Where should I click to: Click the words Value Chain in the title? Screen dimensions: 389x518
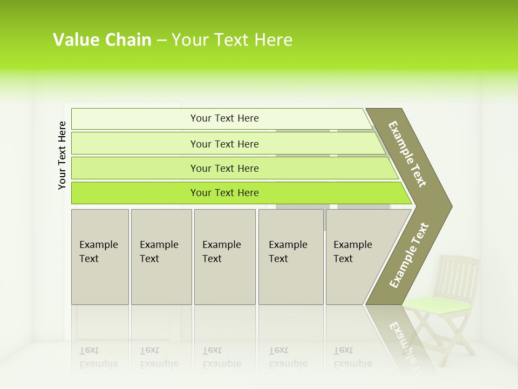coord(102,40)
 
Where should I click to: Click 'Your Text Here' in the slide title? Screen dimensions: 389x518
coord(232,40)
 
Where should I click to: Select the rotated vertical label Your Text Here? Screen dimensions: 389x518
coord(62,155)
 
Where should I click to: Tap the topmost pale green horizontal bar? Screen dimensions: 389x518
coord(224,118)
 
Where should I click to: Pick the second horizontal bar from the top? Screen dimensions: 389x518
coord(224,144)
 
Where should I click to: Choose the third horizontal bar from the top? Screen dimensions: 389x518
coord(224,168)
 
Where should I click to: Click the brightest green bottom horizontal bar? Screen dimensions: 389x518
coord(224,193)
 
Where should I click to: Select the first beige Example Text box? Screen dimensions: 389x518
coord(100,257)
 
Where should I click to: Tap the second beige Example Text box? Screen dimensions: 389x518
coord(161,257)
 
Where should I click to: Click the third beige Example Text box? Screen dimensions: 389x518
coord(224,257)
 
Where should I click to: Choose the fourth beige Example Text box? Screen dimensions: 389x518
coord(290,257)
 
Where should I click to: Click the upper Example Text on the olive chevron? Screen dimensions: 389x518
coord(407,154)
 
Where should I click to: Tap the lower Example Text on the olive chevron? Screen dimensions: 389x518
coord(409,256)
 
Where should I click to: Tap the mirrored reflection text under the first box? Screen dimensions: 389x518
coord(99,357)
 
